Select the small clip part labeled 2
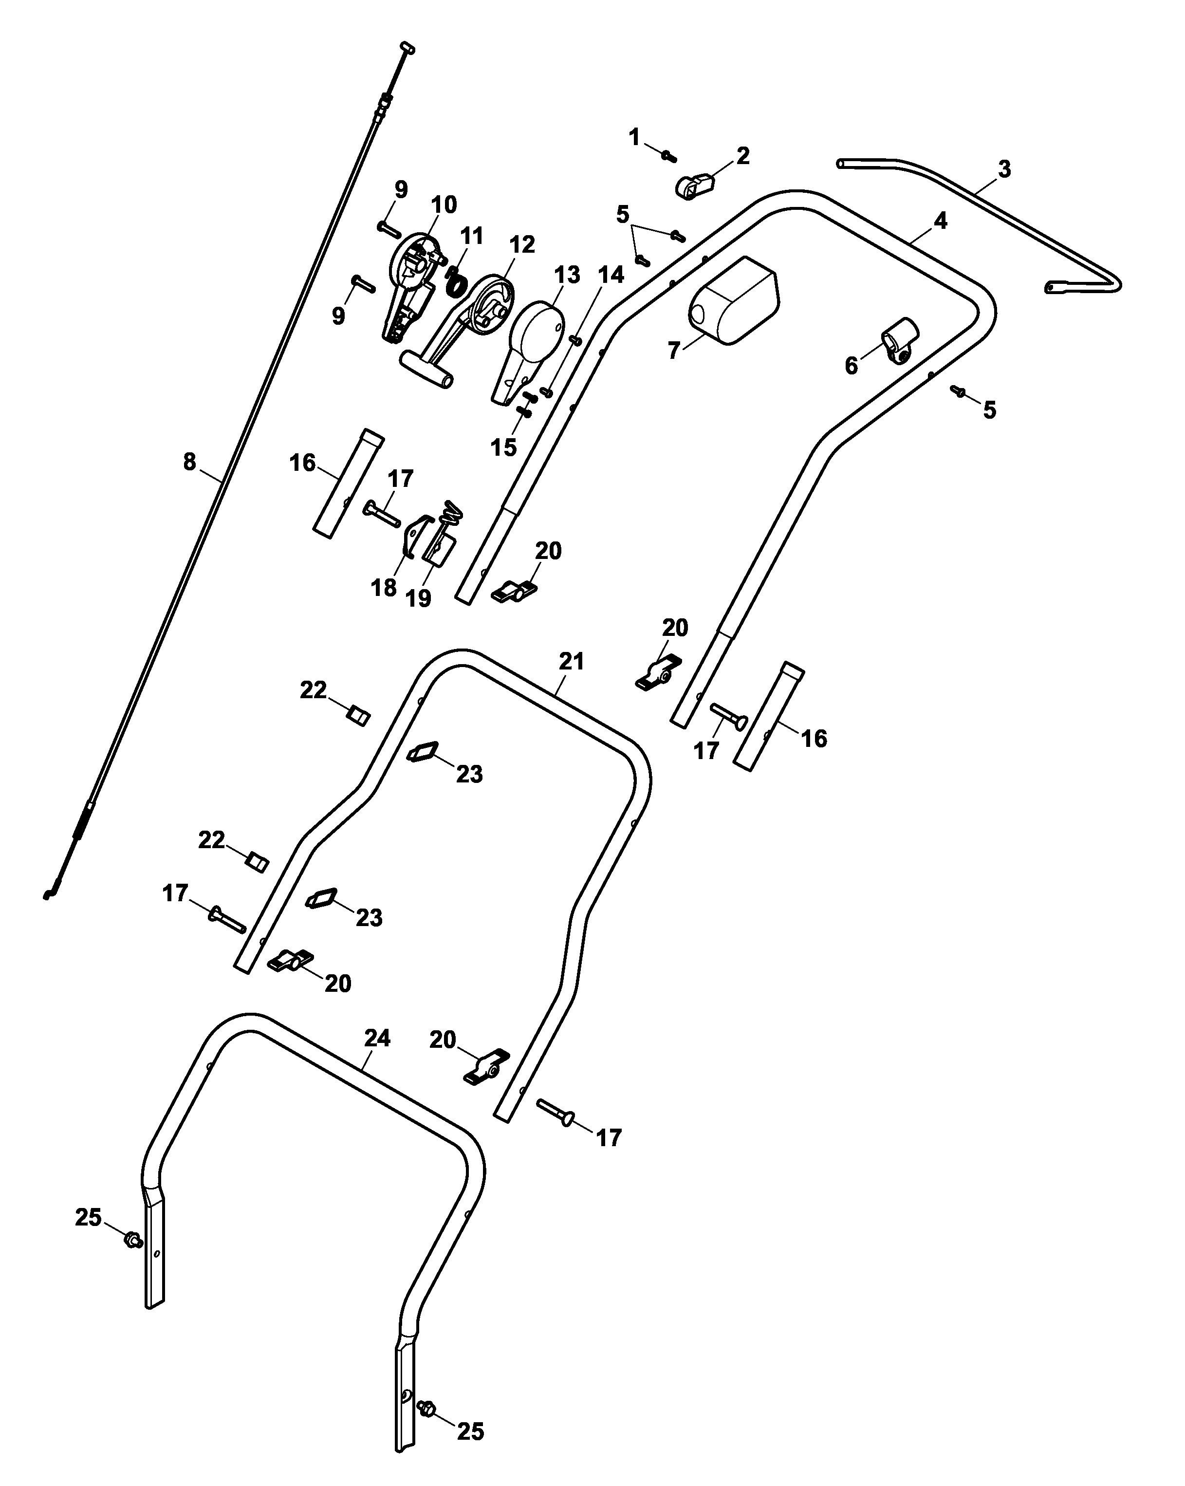click(x=693, y=186)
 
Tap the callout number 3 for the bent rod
click(x=1004, y=169)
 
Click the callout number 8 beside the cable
click(x=189, y=461)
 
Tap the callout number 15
click(x=503, y=447)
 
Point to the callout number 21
click(x=572, y=662)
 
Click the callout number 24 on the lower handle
click(x=377, y=1039)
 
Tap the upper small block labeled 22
click(x=358, y=716)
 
